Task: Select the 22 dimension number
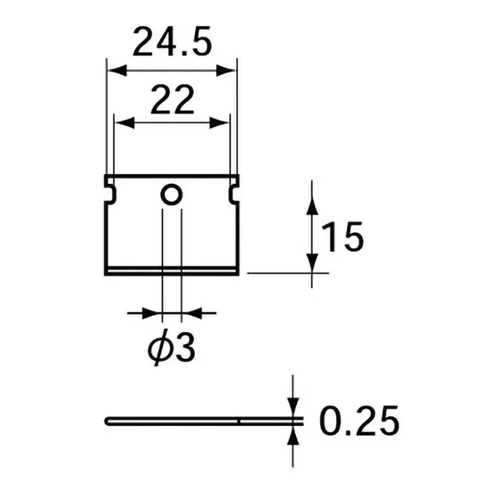coord(172,100)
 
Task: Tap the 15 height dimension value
coord(342,237)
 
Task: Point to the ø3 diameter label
coord(172,348)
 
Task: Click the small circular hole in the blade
coord(171,195)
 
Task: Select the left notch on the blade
coord(110,192)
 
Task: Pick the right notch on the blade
coord(234,192)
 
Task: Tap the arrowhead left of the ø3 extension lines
coord(154,313)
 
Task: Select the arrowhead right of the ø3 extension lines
coord(191,313)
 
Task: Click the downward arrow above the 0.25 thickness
coord(293,407)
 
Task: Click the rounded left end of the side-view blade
coord(108,420)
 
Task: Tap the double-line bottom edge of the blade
coord(172,270)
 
